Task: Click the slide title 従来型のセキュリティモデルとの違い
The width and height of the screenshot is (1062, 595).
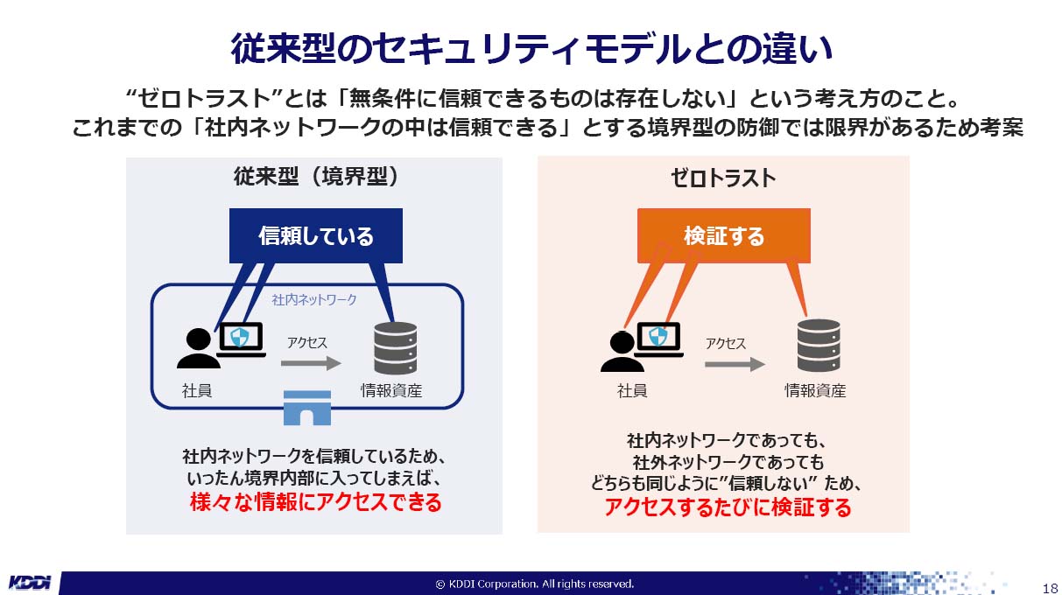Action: coord(531,48)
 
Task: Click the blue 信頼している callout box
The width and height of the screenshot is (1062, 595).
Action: coord(315,235)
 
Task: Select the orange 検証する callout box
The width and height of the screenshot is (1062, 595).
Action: coord(723,235)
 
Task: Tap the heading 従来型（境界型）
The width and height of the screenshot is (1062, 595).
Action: coord(316,177)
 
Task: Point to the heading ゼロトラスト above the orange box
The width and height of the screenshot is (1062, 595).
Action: coord(723,178)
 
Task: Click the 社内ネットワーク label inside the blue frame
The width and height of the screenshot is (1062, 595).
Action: coord(314,299)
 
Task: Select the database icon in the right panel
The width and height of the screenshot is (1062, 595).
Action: coord(819,346)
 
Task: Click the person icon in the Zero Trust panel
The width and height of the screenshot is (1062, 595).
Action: coord(622,350)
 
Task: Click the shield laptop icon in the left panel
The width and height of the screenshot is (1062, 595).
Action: coord(240,339)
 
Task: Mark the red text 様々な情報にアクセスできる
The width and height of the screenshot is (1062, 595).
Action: coord(315,503)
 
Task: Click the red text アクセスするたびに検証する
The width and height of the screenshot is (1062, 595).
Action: coord(727,507)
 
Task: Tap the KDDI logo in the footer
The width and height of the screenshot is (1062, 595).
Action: coord(30,583)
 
